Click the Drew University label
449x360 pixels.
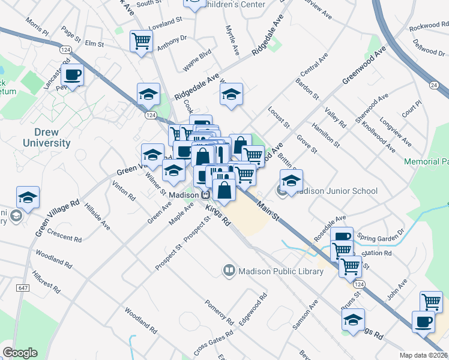point(46,137)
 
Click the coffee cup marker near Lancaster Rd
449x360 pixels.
point(73,75)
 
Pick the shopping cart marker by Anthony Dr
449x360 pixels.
point(141,41)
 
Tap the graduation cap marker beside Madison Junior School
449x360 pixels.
point(291,180)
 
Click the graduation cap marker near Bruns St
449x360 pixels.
point(353,319)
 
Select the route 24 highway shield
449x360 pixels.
point(433,85)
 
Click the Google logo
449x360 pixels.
point(20,353)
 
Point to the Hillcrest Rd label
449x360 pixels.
point(47,281)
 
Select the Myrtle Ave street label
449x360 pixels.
point(232,41)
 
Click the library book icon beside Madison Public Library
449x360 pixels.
point(229,271)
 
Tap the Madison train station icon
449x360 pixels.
point(206,195)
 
